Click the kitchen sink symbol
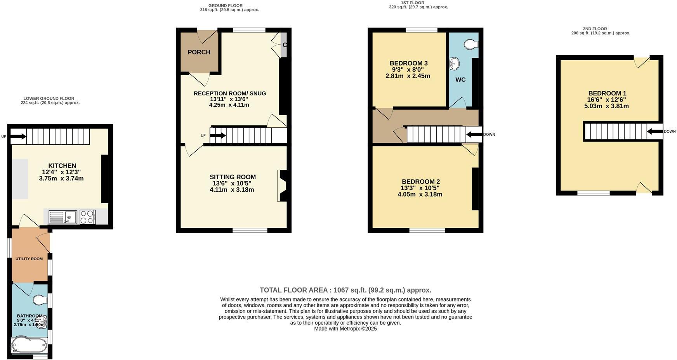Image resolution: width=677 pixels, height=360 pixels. tap(62, 217)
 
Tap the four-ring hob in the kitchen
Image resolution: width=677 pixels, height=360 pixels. tap(88, 217)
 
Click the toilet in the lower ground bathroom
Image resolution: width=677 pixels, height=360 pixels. tap(40, 300)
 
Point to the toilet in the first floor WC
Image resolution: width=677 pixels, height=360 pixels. tap(471, 44)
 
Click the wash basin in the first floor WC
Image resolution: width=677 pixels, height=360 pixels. tap(454, 64)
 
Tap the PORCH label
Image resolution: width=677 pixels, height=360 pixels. tap(199, 52)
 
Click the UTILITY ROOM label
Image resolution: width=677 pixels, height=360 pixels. tap(29, 259)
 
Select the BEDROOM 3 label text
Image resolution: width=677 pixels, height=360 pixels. tap(408, 63)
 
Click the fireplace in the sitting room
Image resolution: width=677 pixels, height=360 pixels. tap(282, 186)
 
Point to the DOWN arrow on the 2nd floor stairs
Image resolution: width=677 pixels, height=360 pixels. tap(655, 132)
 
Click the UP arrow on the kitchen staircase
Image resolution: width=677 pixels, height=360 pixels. tap(18, 136)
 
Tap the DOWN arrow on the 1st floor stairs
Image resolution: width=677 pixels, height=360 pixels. tap(474, 135)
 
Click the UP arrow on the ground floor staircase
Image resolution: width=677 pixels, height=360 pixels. tap(217, 135)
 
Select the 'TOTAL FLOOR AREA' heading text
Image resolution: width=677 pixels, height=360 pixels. tap(345, 290)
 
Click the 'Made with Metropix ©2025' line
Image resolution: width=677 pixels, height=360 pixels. tap(345, 329)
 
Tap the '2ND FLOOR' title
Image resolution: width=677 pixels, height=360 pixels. tap(595, 29)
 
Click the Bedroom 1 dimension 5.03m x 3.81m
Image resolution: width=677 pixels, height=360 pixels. tap(606, 106)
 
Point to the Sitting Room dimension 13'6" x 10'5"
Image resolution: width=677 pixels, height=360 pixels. tap(232, 183)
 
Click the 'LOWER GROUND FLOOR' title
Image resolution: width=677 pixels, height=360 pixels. tap(49, 99)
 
